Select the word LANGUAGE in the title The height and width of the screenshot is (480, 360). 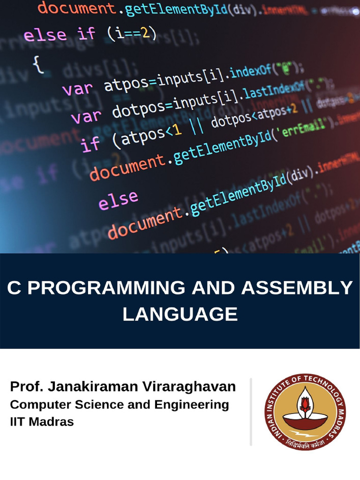[x=180, y=314]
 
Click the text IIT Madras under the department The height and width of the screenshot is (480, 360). [x=42, y=421]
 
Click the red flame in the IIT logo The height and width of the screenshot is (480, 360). [x=305, y=402]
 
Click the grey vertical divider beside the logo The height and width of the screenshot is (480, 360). [x=251, y=412]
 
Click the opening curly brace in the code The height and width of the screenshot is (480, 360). [x=38, y=64]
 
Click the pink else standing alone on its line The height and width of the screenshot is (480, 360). [x=118, y=200]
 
